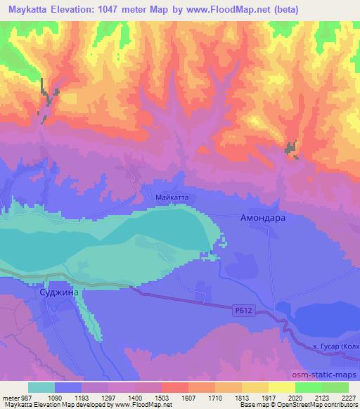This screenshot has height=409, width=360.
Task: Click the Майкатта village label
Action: click(172, 198)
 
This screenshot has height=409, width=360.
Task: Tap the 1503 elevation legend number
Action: click(161, 396)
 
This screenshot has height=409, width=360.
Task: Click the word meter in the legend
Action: click(10, 396)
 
